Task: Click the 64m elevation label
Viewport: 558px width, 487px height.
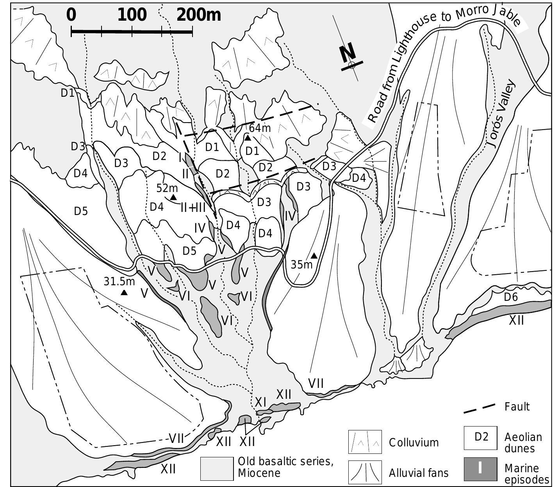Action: [x=260, y=128]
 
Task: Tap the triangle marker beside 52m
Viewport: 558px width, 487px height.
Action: [x=173, y=197]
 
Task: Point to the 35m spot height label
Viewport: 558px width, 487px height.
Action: [x=302, y=265]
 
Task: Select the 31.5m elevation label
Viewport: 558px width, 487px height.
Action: [x=119, y=281]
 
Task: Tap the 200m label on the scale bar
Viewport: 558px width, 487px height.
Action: [x=198, y=15]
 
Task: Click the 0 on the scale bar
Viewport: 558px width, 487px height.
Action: [x=71, y=15]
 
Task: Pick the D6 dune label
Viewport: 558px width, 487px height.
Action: [x=511, y=297]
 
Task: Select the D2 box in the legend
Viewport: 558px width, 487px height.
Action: [x=481, y=437]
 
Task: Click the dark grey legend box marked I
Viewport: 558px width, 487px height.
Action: [x=480, y=468]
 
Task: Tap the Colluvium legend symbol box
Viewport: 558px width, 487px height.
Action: [x=365, y=442]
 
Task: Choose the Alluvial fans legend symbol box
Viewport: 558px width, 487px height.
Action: [x=365, y=472]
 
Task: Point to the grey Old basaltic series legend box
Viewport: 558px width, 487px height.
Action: [x=217, y=468]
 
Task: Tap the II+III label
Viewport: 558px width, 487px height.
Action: [x=193, y=207]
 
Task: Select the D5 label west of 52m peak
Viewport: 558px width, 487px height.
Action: [x=81, y=211]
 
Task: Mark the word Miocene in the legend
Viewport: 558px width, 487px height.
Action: [x=259, y=473]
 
